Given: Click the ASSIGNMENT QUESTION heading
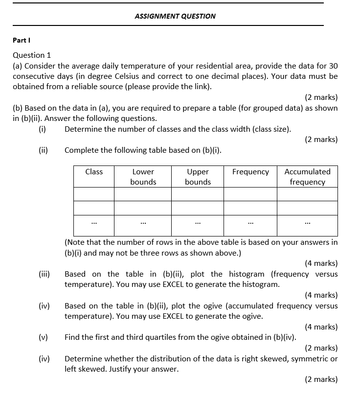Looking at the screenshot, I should coord(175,16).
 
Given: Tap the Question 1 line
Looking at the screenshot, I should coord(32,55).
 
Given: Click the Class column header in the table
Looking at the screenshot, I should coord(94,172).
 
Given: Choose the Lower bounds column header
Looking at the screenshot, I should coord(143,177).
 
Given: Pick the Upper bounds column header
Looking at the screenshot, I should coord(198,177).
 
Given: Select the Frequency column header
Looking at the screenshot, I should coord(250,172).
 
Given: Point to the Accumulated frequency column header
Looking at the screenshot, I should coord(307,177).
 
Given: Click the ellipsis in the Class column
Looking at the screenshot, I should coord(94,224).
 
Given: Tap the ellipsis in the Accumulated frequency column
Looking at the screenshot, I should coord(307,224).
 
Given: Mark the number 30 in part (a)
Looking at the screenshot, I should coord(333,66).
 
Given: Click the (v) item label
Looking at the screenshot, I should coord(44,337).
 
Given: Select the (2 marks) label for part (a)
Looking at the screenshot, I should coord(321,97).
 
